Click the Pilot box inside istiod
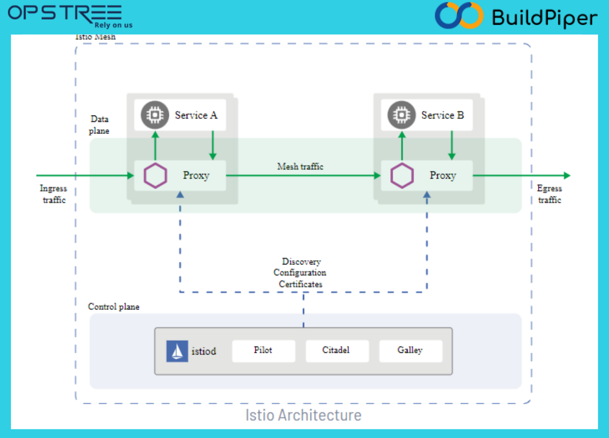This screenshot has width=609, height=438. (263, 351)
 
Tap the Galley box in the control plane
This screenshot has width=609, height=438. (410, 351)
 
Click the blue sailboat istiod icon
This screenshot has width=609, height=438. (177, 351)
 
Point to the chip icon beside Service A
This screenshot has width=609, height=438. (155, 115)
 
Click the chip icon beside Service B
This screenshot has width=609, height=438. (402, 115)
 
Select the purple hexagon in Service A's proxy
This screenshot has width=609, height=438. (155, 176)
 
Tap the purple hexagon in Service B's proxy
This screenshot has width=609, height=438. (402, 176)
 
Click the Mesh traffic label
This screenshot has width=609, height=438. (300, 166)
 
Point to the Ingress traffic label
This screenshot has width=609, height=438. (54, 194)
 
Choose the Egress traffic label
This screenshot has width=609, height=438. (549, 194)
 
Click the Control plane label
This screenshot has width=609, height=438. (114, 307)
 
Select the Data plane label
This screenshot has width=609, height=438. (99, 125)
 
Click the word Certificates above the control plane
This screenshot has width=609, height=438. (301, 284)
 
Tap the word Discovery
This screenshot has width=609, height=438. (301, 262)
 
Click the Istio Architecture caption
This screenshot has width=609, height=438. (303, 415)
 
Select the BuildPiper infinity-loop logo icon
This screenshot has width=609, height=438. (459, 16)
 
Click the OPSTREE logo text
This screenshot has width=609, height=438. (65, 13)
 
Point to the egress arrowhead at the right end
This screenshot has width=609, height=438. (567, 176)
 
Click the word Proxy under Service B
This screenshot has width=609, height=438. (443, 176)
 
